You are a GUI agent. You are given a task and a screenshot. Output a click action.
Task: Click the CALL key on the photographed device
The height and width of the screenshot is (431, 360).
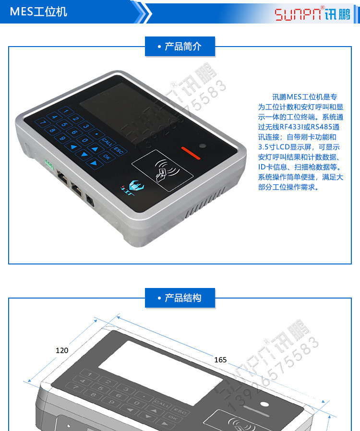tap(107, 141)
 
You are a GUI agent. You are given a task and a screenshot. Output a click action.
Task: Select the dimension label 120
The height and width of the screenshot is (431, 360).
tap(62, 350)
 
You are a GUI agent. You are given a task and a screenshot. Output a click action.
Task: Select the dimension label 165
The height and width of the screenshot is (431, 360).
tap(220, 359)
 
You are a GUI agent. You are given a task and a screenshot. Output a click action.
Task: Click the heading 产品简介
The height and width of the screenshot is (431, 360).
tap(180, 47)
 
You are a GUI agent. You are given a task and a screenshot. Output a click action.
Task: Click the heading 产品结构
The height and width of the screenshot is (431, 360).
tap(180, 298)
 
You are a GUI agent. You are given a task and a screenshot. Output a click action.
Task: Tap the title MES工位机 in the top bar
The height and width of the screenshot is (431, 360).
tap(38, 12)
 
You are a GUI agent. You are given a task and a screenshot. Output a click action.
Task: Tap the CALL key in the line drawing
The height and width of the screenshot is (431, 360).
tap(161, 404)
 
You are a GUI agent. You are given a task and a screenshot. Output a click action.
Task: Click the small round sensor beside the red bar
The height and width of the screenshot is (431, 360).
tap(203, 146)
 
